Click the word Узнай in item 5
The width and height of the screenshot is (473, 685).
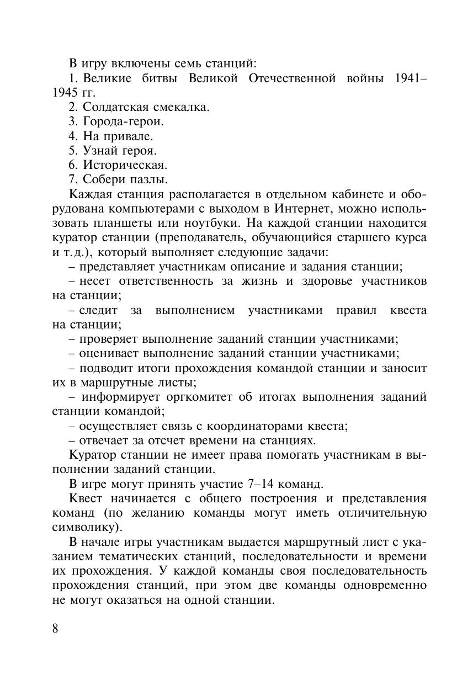(100, 150)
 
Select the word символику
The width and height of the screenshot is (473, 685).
(83, 527)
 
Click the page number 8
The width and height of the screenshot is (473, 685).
(56, 629)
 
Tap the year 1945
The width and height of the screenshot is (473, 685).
(65, 93)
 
